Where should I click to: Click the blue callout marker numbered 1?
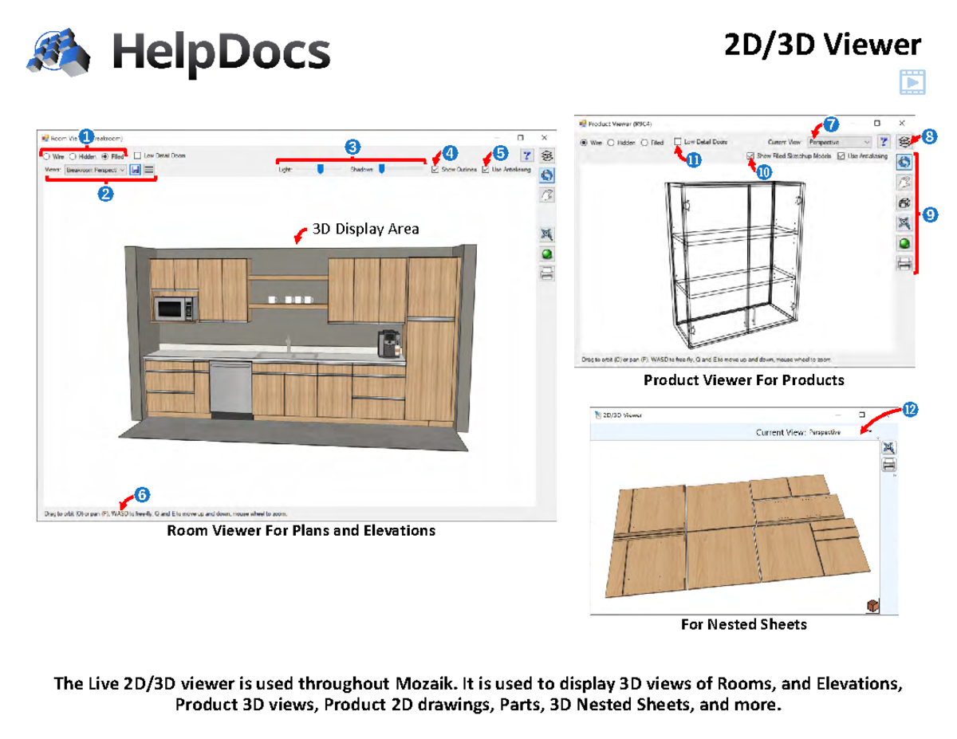(85, 136)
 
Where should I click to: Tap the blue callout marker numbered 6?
(141, 494)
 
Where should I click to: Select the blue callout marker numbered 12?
(910, 411)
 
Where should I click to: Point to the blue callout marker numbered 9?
(930, 214)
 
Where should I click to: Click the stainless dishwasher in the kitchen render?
(230, 388)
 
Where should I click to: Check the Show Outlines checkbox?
(434, 169)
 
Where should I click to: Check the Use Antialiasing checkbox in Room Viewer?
(486, 169)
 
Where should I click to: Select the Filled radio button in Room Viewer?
(105, 157)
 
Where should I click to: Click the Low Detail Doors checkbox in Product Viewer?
(678, 143)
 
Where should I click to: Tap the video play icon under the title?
(911, 81)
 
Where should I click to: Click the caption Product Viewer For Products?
(743, 380)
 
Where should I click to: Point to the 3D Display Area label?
(364, 230)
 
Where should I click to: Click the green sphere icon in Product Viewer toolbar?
(905, 244)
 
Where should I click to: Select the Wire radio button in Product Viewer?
(584, 143)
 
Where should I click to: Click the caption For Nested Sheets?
(743, 625)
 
